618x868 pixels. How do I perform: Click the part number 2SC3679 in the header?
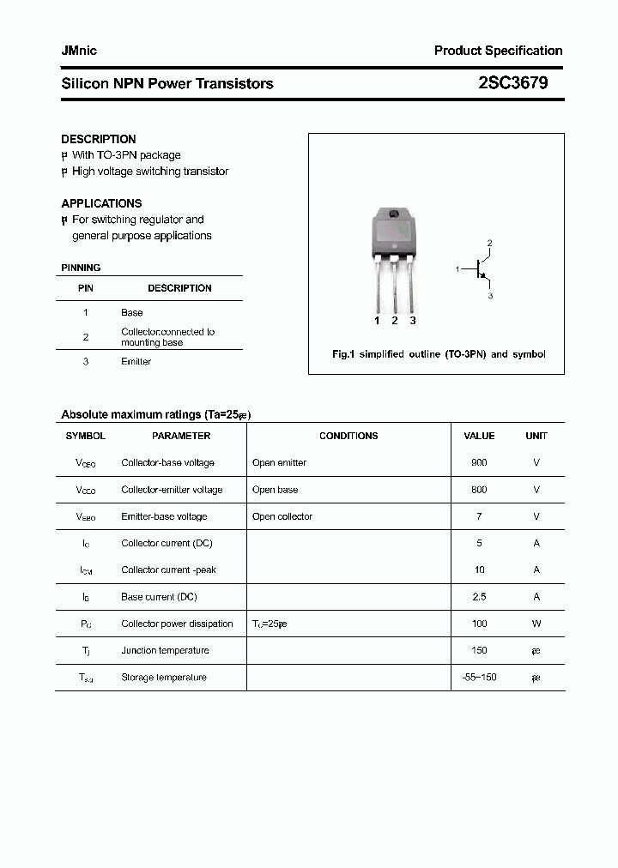513,83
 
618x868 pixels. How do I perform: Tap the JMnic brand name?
79,51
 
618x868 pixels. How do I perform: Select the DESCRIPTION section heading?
99,139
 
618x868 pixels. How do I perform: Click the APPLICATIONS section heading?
101,203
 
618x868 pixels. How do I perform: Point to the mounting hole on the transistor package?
393,215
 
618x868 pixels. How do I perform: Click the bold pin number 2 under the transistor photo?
395,321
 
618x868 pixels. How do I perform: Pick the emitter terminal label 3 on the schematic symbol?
490,295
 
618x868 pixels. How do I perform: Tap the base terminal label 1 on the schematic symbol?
457,269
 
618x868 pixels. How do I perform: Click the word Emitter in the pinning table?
136,362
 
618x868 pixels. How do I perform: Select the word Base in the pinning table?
132,313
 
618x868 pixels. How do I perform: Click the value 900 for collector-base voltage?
479,463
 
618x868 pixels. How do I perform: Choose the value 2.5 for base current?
479,597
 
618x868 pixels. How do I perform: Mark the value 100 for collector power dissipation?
479,624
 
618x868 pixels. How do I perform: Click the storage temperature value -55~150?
479,678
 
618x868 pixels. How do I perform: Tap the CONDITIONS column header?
348,436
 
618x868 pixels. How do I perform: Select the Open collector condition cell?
282,516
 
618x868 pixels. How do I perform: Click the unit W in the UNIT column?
536,624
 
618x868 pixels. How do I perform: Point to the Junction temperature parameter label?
165,650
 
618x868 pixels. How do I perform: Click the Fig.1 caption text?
439,354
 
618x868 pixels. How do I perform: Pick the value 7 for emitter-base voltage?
479,516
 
